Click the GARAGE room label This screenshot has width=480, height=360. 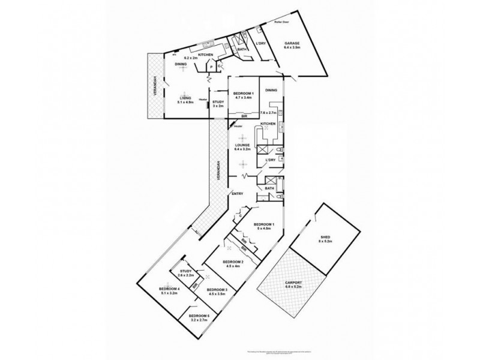(292, 43)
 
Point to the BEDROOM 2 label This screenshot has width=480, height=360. (232, 262)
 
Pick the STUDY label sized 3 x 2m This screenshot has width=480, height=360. (218, 103)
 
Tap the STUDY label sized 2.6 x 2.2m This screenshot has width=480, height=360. (185, 272)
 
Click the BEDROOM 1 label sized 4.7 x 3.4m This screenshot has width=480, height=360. (244, 94)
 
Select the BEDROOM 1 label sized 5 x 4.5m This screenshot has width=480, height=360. (265, 225)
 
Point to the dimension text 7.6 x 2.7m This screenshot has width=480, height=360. (268, 113)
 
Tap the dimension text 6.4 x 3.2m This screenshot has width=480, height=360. (242, 150)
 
